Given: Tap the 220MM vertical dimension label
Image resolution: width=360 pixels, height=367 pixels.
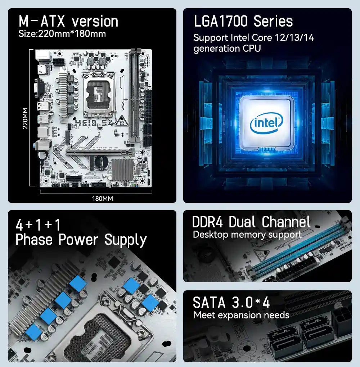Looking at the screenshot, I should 25,119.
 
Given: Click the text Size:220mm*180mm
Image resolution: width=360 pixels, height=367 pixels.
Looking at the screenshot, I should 62,34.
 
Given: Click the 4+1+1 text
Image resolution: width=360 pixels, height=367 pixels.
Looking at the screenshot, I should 38,225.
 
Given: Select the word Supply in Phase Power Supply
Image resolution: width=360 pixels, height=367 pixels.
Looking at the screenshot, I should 125,240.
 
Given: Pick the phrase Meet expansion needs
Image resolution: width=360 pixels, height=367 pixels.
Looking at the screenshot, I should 241,316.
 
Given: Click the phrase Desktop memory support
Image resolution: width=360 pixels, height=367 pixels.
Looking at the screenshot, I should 247,235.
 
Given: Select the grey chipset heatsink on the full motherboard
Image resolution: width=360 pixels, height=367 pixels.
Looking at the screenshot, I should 122,169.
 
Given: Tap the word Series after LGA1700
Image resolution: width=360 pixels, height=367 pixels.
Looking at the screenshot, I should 273,21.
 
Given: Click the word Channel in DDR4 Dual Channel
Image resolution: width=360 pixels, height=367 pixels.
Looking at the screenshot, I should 286,222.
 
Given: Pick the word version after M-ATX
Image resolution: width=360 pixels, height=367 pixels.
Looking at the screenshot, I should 95,22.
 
